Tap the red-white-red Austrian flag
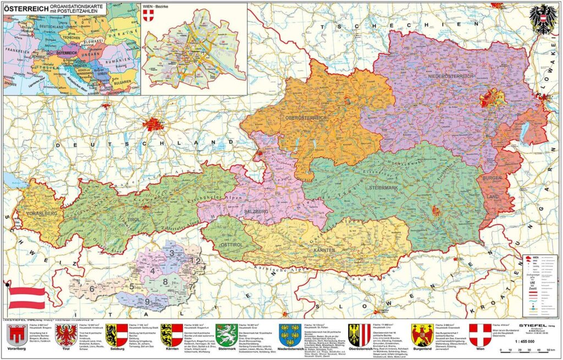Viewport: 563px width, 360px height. [x=26, y=297]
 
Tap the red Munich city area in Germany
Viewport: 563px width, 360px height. [x=153, y=124]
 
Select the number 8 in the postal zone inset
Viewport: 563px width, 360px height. [x=165, y=282]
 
